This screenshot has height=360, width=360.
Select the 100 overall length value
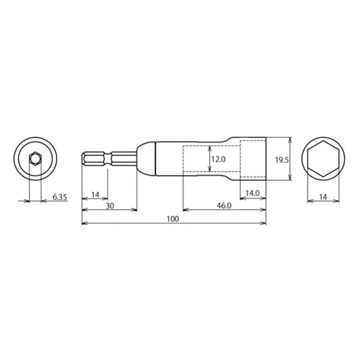tap(173, 219)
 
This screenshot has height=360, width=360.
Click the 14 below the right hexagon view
tap(323, 197)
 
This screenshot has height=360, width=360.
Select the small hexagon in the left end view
tap(35, 160)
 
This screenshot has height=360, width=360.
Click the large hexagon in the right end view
tap(323, 160)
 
